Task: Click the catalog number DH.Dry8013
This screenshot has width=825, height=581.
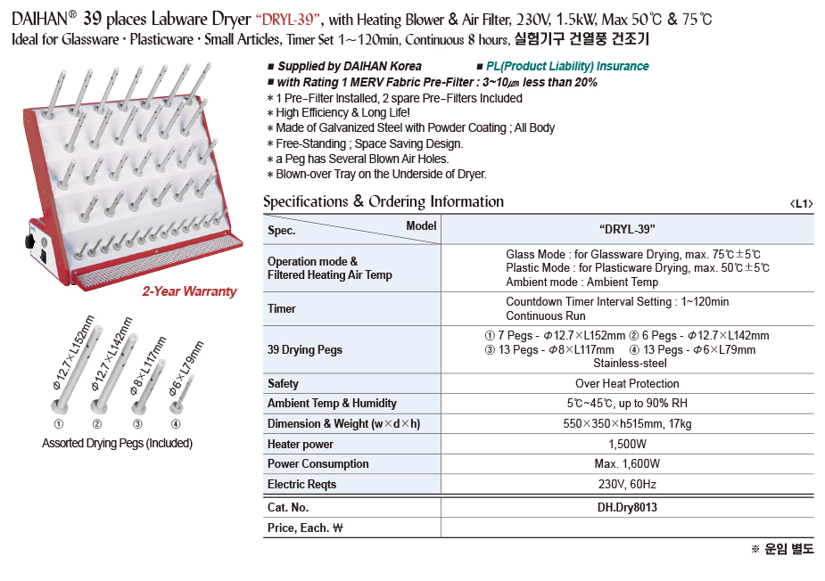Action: coord(627,508)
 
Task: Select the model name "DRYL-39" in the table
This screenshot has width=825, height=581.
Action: coord(627,230)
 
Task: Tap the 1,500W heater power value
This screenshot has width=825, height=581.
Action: coord(627,444)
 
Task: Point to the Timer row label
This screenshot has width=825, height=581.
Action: coord(282,308)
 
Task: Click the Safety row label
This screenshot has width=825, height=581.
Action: coord(284,383)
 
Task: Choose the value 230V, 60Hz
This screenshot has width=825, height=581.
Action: coord(627,484)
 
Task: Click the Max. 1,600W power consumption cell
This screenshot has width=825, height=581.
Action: coord(627,463)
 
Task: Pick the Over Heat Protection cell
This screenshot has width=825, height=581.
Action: coord(627,383)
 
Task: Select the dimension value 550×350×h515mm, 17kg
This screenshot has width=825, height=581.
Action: coord(627,423)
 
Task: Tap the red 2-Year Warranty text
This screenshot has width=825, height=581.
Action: coord(189,291)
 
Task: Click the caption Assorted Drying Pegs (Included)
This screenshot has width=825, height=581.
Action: coord(117,443)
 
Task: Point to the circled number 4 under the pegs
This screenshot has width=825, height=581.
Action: coord(176,423)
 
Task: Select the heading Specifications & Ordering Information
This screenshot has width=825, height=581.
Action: coord(384,201)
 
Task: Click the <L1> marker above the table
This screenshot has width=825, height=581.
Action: coord(801,204)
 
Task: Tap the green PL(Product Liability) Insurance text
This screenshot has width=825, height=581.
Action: coord(567,67)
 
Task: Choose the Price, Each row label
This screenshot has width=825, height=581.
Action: coord(305,528)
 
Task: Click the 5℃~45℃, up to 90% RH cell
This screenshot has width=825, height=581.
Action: coord(627,403)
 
